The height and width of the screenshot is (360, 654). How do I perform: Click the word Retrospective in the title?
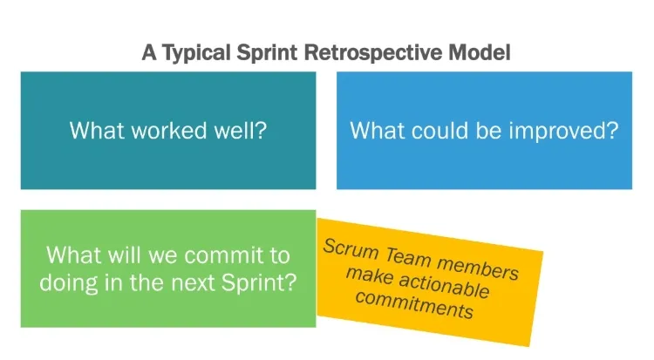[x=373, y=53]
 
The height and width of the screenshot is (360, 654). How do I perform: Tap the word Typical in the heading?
[x=195, y=53]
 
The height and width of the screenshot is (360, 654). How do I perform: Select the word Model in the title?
[x=480, y=52]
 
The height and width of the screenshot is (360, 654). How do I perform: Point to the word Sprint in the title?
[x=267, y=53]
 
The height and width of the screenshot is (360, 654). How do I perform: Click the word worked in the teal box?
[x=169, y=130]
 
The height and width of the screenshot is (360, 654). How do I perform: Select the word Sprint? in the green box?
[x=259, y=282]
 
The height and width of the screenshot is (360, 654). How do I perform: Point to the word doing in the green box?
[x=69, y=283]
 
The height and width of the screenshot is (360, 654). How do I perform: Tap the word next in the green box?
[x=192, y=283]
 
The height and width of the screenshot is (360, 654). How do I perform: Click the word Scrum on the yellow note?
[x=351, y=249]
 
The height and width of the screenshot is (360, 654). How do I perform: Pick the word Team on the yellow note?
[x=407, y=255]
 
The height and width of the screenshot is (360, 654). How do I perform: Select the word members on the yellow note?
[x=478, y=268]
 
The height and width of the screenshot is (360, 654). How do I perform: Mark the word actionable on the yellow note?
[x=444, y=286]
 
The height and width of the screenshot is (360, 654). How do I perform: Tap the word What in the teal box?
[x=97, y=130]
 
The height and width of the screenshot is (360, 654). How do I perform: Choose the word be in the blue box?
[x=489, y=130]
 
